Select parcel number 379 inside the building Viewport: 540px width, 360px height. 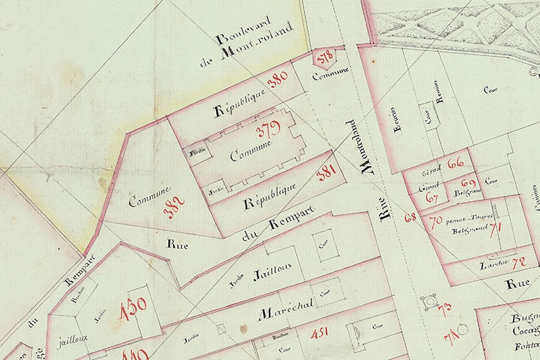pos(268,129)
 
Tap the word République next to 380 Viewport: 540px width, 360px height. pos(238,103)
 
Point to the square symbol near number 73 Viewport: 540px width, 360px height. pos(426,302)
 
